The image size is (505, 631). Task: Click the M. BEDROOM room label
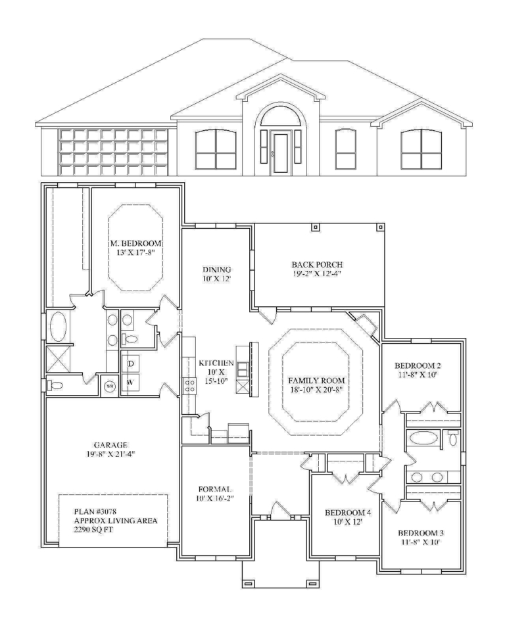pos(135,243)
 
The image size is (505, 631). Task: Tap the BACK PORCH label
pos(317,264)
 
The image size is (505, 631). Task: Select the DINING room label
pos(216,269)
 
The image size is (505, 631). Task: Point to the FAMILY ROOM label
pos(316,381)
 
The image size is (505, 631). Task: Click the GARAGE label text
pos(110,445)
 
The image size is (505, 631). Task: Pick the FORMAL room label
pos(214,489)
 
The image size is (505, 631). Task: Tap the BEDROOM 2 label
pos(417,366)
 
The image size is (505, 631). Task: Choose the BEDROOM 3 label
pos(421,533)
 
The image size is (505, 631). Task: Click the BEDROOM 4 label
pos(348,512)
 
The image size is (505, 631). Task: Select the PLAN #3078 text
pos(95,511)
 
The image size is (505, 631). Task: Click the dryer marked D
pos(130,363)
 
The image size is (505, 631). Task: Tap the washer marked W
pos(130,382)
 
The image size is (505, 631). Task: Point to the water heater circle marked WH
pos(109,386)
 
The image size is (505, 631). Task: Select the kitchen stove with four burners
pos(189,385)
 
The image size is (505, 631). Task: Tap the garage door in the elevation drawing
pos(113,152)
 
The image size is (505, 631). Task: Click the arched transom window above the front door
pos(280,116)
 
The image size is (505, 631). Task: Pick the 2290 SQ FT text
pos(93,530)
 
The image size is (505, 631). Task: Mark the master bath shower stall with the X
pos(59,360)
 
